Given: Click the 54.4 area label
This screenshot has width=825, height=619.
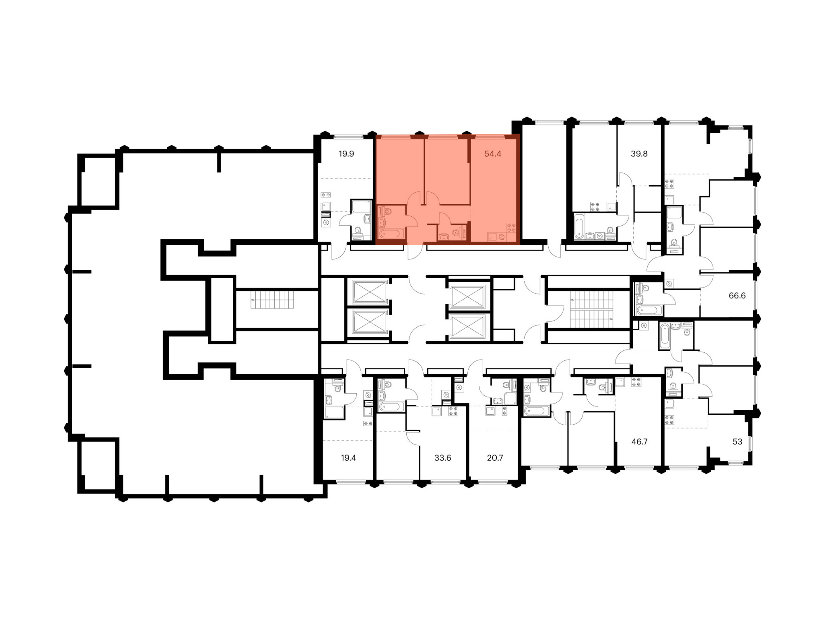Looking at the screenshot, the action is pos(493,154).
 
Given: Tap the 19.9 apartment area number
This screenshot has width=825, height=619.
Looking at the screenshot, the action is pos(346,154).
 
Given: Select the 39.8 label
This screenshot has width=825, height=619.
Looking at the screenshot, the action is pos(639,154).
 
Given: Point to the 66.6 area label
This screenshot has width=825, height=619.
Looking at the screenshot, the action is pos(737,295).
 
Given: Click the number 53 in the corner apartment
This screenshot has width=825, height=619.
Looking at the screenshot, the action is pos(737,442).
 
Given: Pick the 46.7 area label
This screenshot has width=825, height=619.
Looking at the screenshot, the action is pos(639,442).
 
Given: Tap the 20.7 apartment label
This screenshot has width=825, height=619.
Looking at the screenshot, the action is pos(495,458).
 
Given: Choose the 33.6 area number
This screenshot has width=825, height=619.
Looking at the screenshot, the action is pos(443,458).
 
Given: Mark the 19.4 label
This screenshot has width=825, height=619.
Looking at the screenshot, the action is pos(349,458).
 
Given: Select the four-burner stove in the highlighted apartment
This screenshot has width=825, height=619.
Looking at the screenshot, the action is pos(511,227).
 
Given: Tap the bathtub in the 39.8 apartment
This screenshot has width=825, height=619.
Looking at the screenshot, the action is pos(579,227).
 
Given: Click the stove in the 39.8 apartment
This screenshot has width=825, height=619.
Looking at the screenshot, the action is pos(595,206).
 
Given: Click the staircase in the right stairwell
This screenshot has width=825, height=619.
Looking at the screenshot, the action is pos(592,309).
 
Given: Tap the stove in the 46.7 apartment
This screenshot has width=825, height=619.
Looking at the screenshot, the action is pos(636,382).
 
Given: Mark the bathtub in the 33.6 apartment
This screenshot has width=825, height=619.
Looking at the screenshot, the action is pos(391,406).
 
